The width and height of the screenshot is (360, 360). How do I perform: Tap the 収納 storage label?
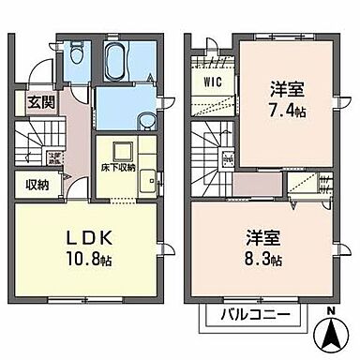(x=37, y=186)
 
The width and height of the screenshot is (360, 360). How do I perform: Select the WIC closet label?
(x=214, y=81)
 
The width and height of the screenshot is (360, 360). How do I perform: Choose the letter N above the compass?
(x=332, y=311)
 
